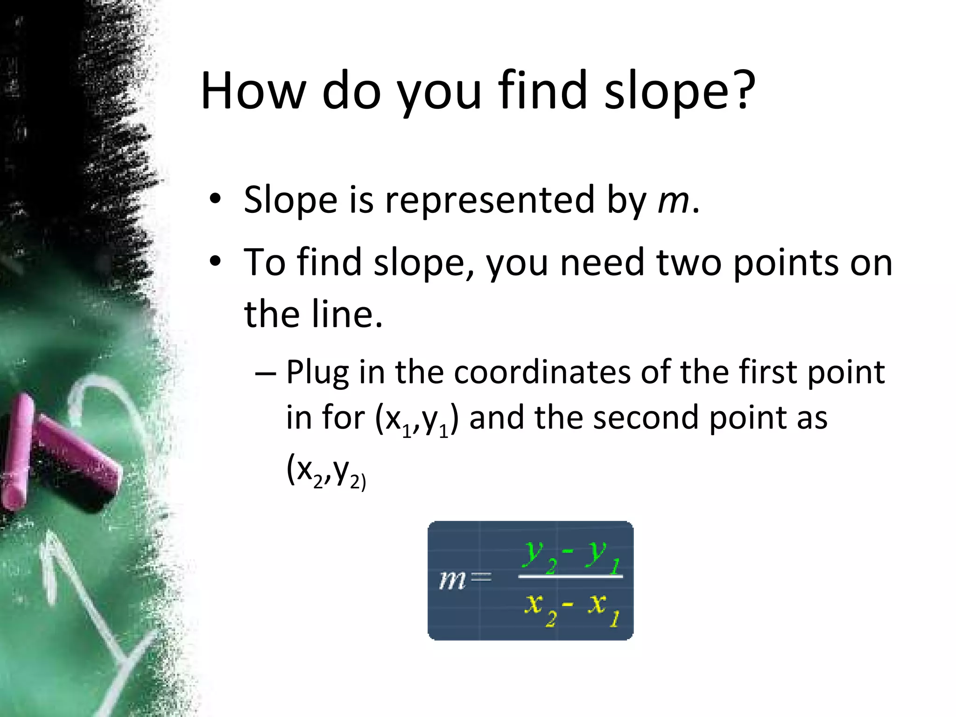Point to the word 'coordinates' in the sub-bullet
[541, 373]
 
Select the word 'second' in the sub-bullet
[646, 417]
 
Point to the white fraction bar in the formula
[570, 576]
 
